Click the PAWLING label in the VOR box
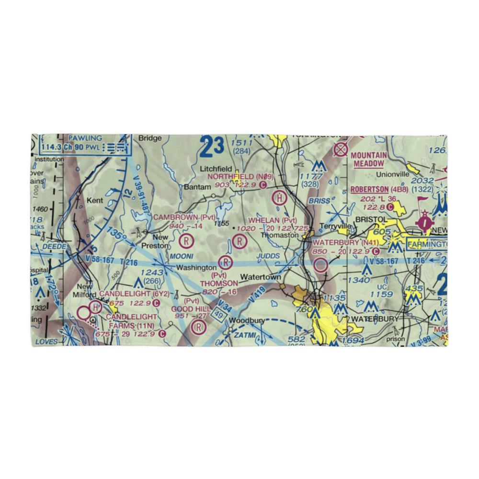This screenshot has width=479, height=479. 85,138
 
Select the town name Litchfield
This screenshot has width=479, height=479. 217,169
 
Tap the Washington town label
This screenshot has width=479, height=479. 196,267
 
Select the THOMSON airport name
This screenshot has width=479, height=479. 219,284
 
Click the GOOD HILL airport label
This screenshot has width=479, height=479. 192,309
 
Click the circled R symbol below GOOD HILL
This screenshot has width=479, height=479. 197,328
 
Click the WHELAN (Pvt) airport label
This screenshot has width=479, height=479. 269,220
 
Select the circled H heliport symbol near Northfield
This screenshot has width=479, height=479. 280,197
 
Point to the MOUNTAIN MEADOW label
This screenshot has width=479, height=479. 369,160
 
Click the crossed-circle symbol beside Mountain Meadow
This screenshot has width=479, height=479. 341,149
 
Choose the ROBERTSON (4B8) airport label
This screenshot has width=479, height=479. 379,189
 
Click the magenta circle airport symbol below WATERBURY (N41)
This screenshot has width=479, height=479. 321,264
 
